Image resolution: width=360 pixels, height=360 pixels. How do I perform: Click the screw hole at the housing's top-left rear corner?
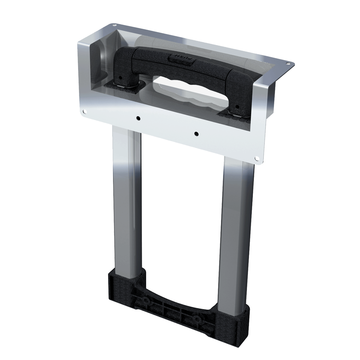114,26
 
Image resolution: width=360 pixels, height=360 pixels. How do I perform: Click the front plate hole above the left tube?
138,118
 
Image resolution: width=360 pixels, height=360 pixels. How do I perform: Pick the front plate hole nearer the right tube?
196,133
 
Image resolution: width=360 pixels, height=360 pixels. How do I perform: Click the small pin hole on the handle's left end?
120,77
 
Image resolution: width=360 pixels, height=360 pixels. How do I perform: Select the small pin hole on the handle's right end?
237,107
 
